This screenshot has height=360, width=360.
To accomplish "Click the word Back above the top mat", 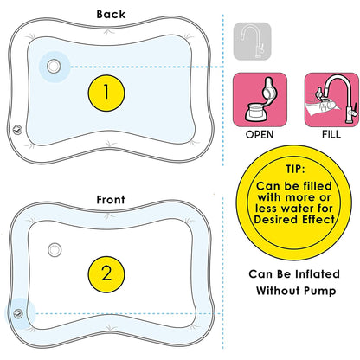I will (111, 15).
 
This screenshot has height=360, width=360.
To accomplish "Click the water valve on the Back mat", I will (56, 66).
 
